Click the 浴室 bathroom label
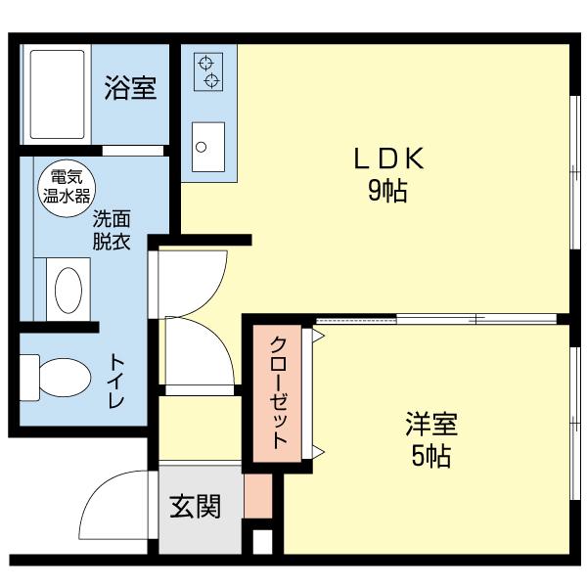(x=130, y=88)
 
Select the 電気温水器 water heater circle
(x=63, y=186)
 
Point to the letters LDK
(x=386, y=158)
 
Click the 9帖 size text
(x=387, y=191)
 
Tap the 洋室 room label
(x=431, y=426)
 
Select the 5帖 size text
(x=431, y=457)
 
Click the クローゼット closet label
(x=278, y=392)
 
